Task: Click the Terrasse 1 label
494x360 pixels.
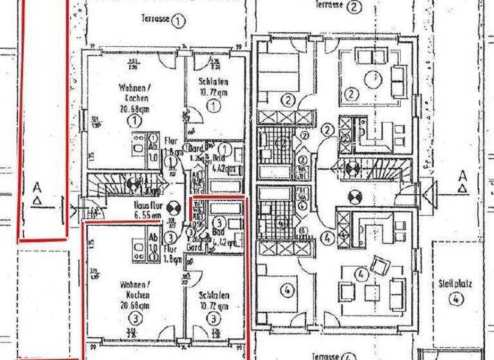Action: click(x=154, y=20)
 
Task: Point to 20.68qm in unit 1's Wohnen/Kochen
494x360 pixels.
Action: click(x=134, y=109)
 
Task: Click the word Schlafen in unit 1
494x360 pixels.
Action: click(x=213, y=82)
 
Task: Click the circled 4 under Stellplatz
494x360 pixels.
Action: click(x=455, y=297)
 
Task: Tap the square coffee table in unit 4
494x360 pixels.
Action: click(x=371, y=292)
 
